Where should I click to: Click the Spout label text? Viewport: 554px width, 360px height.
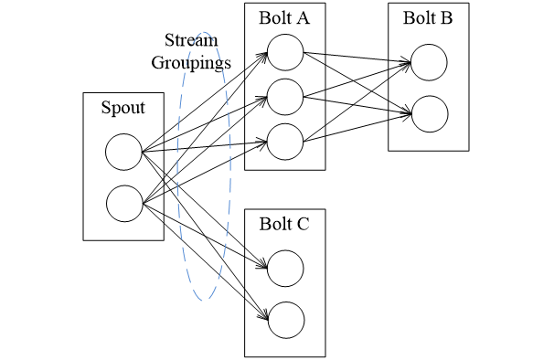pyautogui.click(x=123, y=109)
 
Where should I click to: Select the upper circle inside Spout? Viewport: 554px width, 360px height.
pyautogui.click(x=123, y=152)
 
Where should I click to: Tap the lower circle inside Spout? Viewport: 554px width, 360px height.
pyautogui.click(x=123, y=203)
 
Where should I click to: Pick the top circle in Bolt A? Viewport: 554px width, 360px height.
pyautogui.click(x=285, y=53)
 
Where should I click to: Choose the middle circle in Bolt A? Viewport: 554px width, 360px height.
pyautogui.click(x=285, y=96)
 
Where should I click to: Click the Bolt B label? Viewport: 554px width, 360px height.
pyautogui.click(x=428, y=19)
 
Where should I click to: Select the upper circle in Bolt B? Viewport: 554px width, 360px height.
pyautogui.click(x=429, y=63)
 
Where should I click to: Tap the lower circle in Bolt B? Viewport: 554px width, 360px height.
pyautogui.click(x=429, y=113)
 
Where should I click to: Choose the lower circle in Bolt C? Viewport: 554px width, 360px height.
pyautogui.click(x=285, y=318)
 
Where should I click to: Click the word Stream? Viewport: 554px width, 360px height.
pyautogui.click(x=189, y=41)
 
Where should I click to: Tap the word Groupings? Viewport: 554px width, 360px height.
pyautogui.click(x=190, y=64)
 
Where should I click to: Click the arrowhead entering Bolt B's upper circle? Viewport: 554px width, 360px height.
pyautogui.click(x=407, y=63)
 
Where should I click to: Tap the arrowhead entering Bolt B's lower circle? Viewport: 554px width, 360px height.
pyautogui.click(x=407, y=113)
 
